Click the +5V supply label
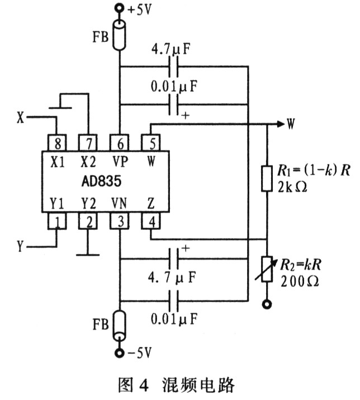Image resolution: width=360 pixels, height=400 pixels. click(x=140, y=10)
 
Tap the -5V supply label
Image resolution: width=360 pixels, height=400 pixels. click(x=140, y=353)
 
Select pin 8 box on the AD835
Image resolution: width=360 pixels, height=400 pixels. click(x=58, y=143)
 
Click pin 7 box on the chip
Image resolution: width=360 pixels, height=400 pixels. click(x=88, y=143)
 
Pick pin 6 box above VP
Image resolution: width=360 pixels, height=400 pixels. click(x=120, y=143)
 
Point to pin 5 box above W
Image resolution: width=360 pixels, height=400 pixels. click(x=151, y=143)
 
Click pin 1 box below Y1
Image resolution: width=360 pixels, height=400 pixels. click(x=58, y=220)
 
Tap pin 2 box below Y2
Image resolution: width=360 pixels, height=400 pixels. click(x=88, y=220)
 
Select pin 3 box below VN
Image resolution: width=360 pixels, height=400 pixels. click(x=120, y=220)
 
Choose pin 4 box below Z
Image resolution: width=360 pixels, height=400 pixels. click(x=151, y=220)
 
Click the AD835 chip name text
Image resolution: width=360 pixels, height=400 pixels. click(x=102, y=181)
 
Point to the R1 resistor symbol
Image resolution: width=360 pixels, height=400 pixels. click(x=267, y=178)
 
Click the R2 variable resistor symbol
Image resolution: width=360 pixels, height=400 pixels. click(x=267, y=269)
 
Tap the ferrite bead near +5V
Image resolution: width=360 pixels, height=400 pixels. click(x=119, y=35)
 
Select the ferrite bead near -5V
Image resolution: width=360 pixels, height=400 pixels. click(x=119, y=326)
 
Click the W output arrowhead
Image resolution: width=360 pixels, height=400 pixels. click(x=281, y=124)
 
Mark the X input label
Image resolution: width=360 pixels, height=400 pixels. click(x=20, y=118)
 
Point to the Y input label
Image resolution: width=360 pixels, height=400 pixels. click(x=20, y=246)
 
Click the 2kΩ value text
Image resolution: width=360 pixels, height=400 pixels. click(x=292, y=187)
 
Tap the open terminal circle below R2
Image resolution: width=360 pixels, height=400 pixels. click(x=267, y=304)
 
